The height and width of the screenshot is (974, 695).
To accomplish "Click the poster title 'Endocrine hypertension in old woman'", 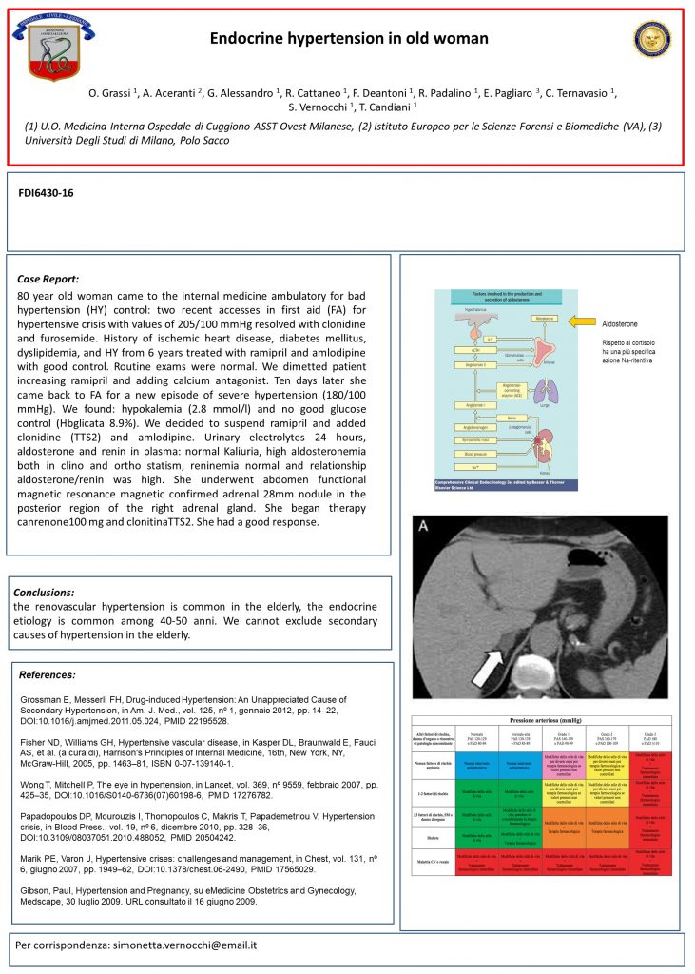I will coord(349,39).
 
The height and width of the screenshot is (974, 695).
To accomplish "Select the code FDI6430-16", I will coord(47,193).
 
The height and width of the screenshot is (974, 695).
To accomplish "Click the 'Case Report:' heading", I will coord(48,280).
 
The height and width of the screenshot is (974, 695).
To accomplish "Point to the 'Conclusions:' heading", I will coord(44,592).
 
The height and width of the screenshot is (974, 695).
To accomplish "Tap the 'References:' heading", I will coord(48,674).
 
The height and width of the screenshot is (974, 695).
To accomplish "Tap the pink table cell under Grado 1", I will coord(559,761).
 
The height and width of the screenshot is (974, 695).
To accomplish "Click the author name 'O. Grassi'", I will coord(111,92).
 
